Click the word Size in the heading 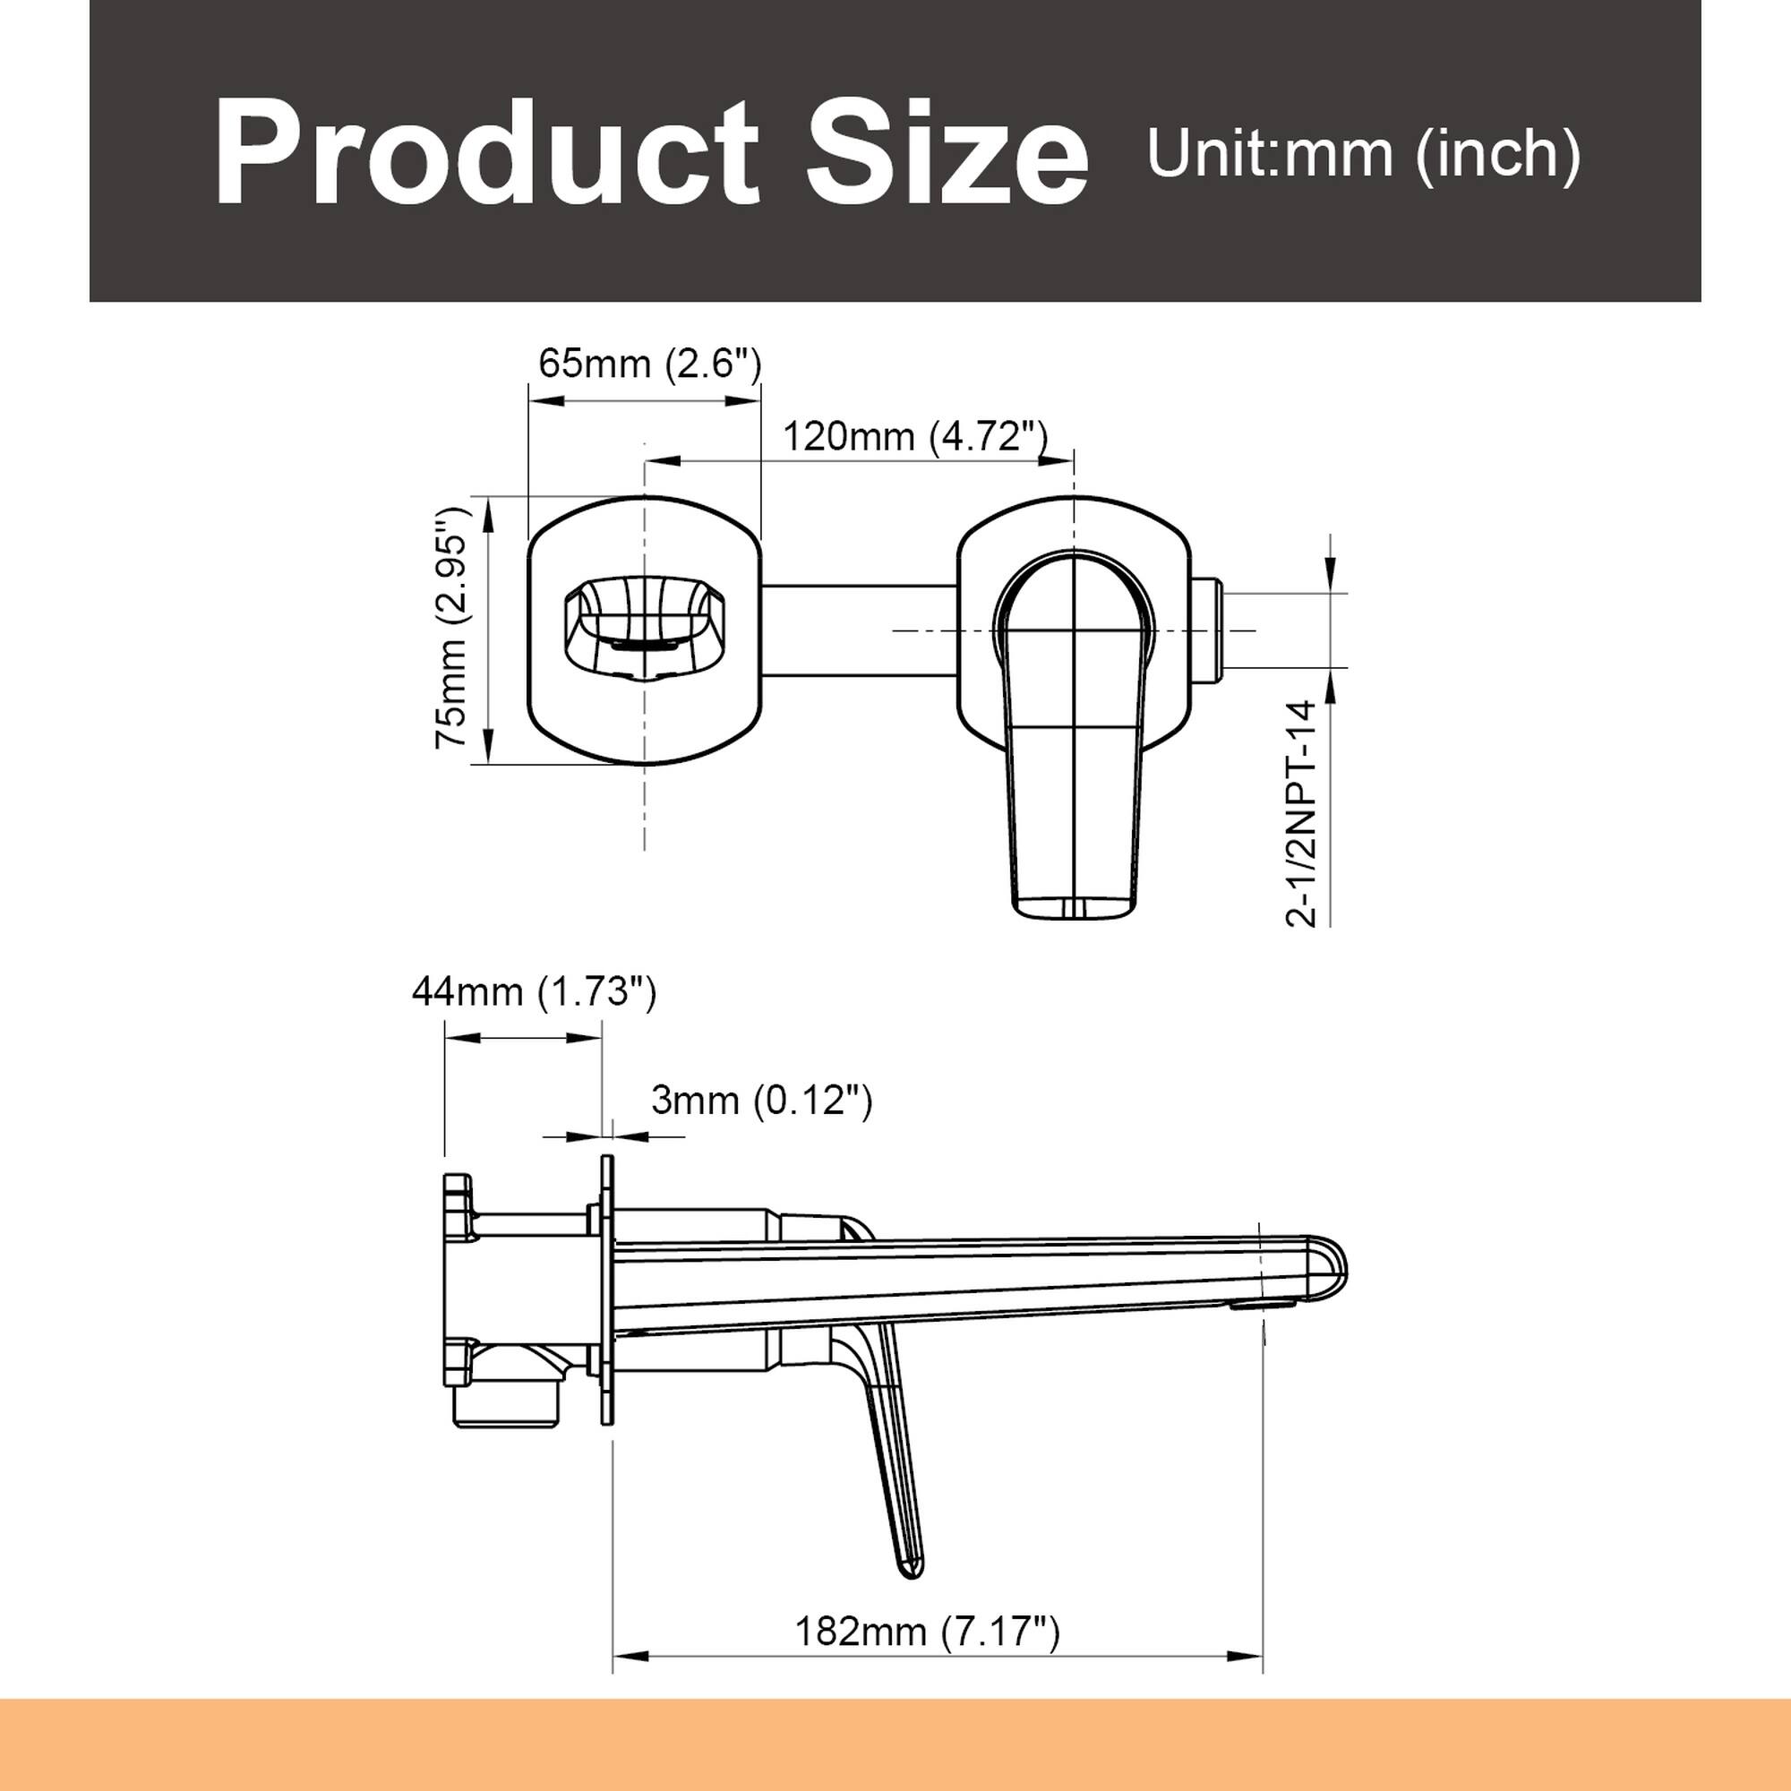947,154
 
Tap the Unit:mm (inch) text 1363,153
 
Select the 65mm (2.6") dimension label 650,364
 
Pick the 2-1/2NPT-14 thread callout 1301,813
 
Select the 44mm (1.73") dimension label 534,992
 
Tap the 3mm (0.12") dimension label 761,1101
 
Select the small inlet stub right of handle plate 1209,630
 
